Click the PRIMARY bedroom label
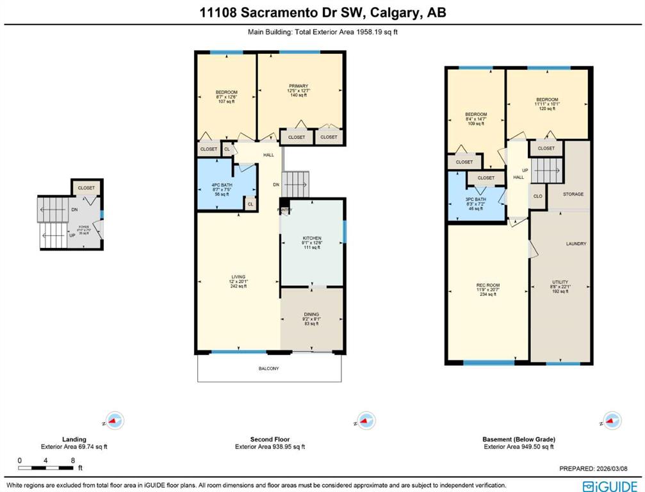coord(298,86)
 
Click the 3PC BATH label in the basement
coord(475,200)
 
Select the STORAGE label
coord(573,193)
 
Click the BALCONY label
coord(270,368)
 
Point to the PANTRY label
coord(284,209)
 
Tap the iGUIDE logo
coord(609,485)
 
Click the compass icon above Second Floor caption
coord(365,421)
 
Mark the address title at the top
coord(322,12)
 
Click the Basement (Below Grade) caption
coord(518,439)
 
